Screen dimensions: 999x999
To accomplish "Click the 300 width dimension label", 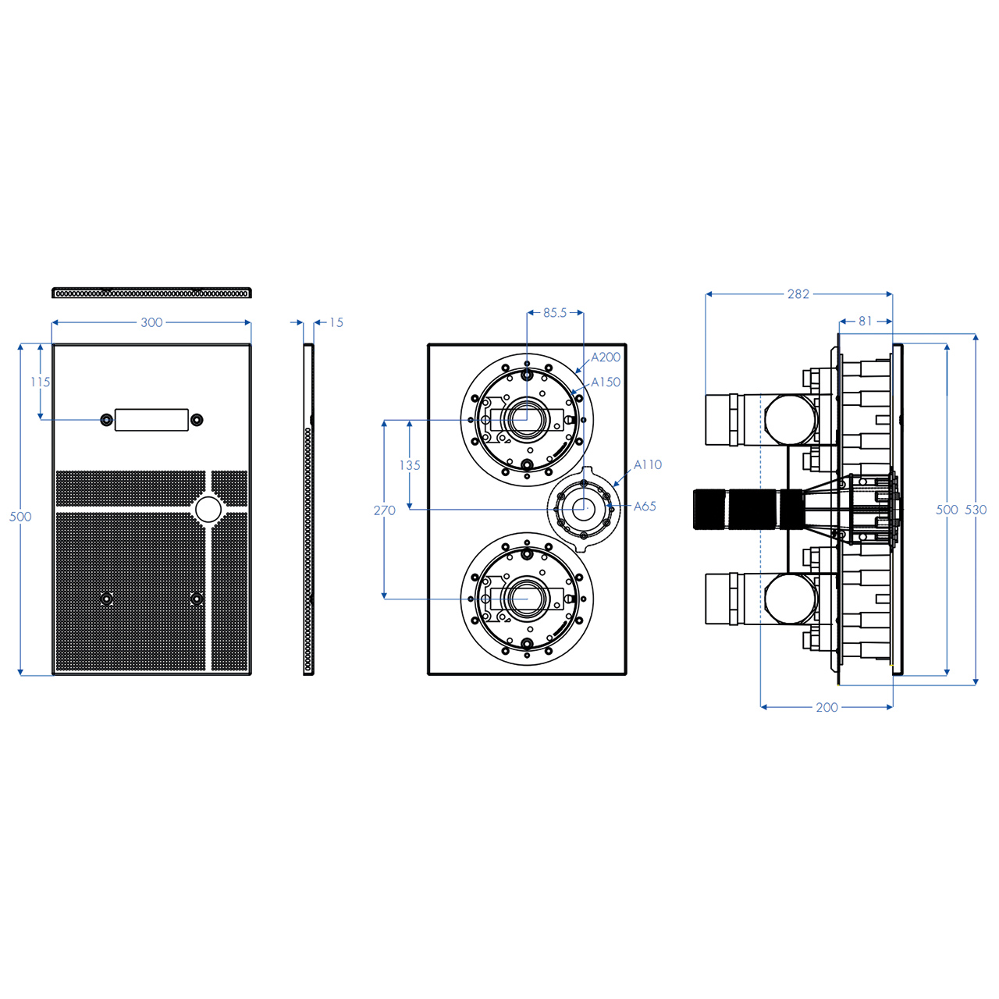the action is (151, 322).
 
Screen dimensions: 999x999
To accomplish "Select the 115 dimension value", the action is (41, 382).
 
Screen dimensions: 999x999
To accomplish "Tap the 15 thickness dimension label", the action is (336, 322).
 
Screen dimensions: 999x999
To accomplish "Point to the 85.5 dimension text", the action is (555, 313).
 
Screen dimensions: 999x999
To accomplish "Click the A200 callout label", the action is (606, 357).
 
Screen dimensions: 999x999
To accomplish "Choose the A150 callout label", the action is (606, 382).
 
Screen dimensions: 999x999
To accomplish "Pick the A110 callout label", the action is (648, 464).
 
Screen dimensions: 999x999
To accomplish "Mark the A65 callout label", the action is (645, 506).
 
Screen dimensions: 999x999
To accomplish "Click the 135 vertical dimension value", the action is (410, 465).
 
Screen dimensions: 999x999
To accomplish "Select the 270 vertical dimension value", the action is (385, 510).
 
